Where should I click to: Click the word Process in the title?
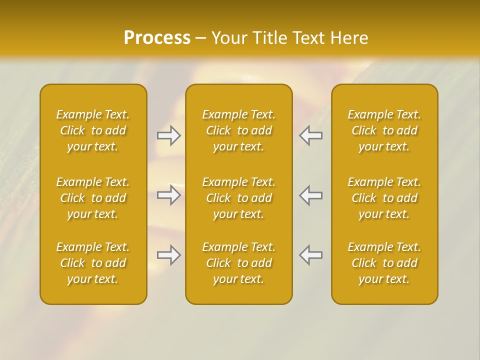pos(157,38)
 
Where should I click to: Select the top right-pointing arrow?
pos(169,135)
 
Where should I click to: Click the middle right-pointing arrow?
pos(169,195)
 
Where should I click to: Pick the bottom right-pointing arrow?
pos(169,255)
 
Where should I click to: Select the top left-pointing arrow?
pos(310,135)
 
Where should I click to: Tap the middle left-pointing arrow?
pos(310,195)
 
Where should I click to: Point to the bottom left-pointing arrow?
pos(310,255)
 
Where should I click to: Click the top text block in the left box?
pos(93,130)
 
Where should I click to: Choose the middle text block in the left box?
pos(93,198)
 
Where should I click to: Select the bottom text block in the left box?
pos(93,263)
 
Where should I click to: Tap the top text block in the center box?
pos(239,130)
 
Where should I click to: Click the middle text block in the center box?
pos(239,198)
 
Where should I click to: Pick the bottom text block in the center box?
pos(239,263)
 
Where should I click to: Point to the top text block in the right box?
pos(384,130)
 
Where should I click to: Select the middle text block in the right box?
pos(384,198)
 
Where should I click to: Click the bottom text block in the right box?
pos(384,263)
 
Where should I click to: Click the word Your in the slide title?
pos(228,38)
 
